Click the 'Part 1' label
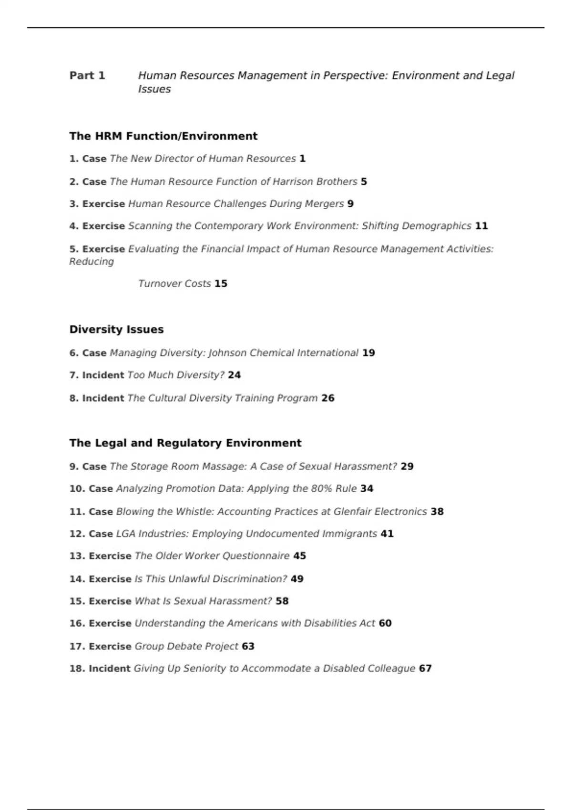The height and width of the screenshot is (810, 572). pos(87,76)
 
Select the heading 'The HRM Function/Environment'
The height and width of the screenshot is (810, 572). pos(163,136)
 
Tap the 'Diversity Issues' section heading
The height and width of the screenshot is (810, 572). pos(116,330)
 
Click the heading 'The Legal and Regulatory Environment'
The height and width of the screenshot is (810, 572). pos(185,443)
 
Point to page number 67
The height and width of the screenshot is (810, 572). pos(425,668)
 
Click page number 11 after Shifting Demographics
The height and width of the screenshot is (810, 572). pos(481,226)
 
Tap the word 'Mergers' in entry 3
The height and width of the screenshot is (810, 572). pos(326,204)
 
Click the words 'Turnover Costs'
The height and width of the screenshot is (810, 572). pos(174,283)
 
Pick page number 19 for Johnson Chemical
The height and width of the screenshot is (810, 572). pos(368,353)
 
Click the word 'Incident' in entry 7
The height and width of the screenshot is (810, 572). pos(103,375)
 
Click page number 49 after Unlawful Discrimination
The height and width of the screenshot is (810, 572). pos(297,579)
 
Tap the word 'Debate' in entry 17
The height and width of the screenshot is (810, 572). pos(184,647)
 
